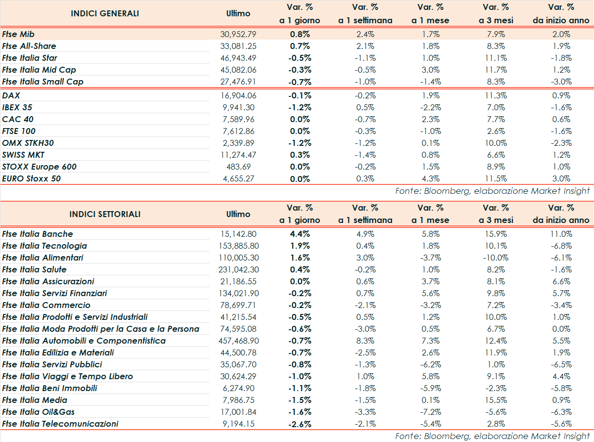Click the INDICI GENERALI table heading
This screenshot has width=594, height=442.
105,13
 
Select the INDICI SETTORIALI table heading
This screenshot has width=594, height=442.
105,214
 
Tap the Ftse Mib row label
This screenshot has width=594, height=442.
18,34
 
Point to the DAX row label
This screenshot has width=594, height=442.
11,95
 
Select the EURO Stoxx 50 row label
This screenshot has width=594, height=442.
31,178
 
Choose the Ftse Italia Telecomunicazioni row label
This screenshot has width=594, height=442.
60,424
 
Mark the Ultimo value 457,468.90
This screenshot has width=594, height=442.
238,341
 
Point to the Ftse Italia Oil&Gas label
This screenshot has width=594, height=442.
39,412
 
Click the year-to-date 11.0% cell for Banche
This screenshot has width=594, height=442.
561,234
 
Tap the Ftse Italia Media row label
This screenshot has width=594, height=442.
35,400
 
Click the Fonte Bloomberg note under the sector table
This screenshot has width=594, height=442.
493,436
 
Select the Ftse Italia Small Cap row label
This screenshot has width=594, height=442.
43,82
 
